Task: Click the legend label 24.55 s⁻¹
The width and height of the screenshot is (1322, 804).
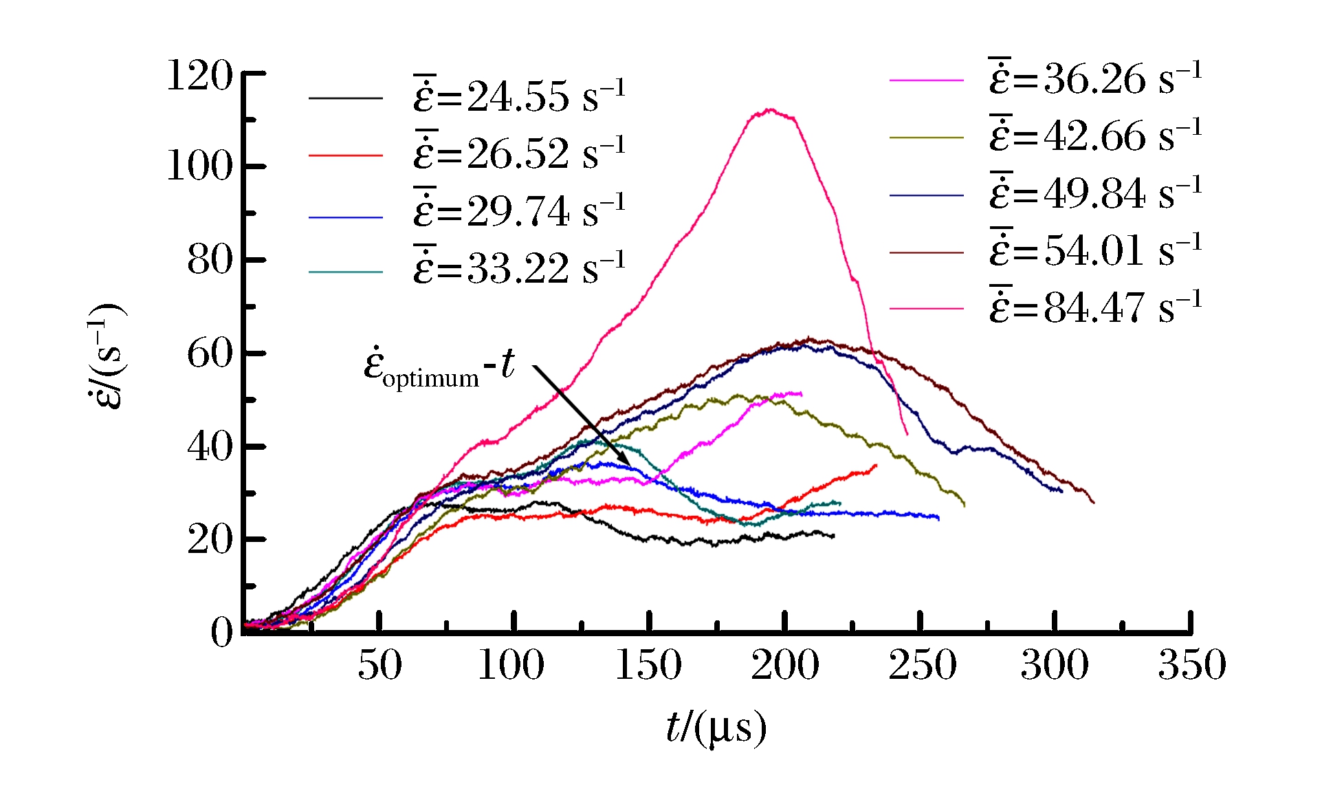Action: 519,96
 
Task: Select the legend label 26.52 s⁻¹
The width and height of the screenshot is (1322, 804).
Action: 519,153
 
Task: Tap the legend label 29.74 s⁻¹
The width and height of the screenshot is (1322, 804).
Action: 519,210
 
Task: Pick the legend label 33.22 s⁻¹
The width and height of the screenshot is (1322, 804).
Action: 519,268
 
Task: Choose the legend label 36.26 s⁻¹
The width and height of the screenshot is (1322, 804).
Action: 1096,78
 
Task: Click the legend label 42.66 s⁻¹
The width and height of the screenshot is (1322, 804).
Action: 1096,135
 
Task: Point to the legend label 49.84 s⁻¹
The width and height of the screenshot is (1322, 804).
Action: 1096,193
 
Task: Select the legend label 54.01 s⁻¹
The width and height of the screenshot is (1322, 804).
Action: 1096,250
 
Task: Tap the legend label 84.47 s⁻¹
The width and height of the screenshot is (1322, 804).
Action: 1096,307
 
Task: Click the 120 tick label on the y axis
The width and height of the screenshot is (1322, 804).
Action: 200,75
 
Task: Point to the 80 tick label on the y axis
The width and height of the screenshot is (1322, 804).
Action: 210,260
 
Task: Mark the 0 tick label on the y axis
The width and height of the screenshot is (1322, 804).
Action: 221,631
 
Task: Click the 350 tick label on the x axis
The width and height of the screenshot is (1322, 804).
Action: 1191,665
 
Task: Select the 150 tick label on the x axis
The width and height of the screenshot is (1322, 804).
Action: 648,665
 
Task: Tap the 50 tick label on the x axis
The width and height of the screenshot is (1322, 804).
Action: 379,665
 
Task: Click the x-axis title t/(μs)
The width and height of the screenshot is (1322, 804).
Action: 716,728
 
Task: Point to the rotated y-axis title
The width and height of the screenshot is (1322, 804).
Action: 107,356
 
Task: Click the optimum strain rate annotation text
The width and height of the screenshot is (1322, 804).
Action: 439,367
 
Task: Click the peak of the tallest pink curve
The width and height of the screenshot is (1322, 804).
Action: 770,109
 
